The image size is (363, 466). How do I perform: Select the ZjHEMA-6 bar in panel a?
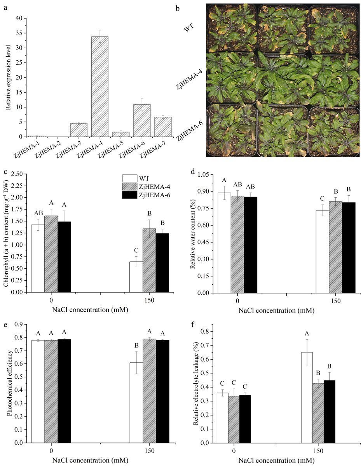[141, 120]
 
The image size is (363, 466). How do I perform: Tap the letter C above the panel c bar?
[136, 250]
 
